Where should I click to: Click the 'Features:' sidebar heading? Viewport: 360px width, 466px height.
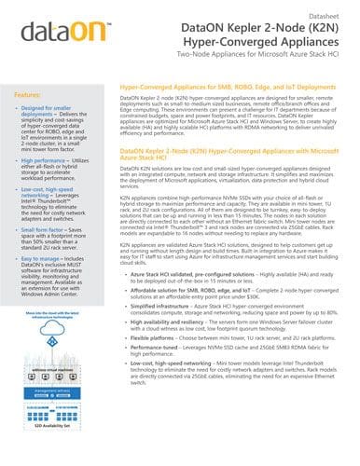[x=33, y=96]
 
